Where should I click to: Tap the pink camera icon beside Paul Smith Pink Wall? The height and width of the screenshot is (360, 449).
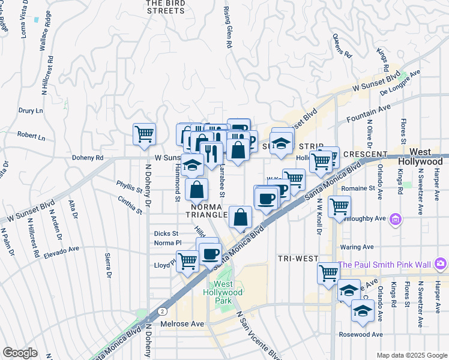441,263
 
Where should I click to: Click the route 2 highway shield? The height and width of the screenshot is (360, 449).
163,311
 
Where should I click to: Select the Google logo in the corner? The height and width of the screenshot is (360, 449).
19,353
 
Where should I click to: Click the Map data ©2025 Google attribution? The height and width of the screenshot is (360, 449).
411,355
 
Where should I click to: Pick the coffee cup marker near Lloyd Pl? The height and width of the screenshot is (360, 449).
209,254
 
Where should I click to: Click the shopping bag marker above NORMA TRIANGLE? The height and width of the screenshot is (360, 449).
196,190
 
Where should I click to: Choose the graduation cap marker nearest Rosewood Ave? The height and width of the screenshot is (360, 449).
363,311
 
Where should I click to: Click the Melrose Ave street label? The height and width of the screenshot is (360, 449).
182,324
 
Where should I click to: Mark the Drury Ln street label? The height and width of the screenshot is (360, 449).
31,111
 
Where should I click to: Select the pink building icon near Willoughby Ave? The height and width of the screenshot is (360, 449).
395,220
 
